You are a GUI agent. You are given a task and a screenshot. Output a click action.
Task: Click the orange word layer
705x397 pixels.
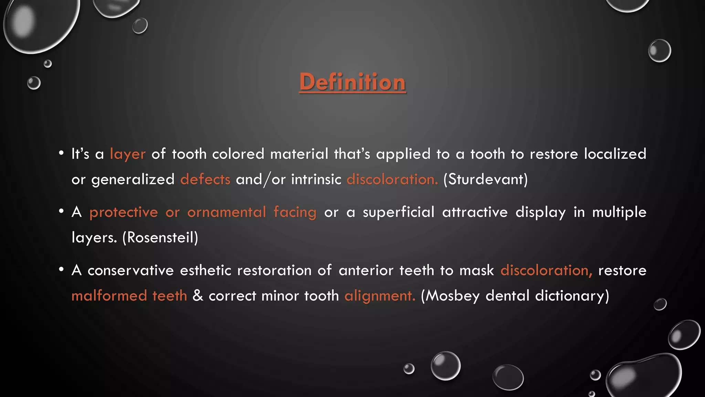[128, 154]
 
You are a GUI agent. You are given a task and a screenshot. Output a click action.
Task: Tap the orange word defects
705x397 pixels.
[205, 180]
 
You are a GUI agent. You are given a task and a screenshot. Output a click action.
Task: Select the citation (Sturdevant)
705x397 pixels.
[485, 180]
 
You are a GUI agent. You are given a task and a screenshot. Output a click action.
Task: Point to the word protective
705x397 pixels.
[124, 212]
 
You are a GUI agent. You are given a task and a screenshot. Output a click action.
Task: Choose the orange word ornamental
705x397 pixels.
[227, 212]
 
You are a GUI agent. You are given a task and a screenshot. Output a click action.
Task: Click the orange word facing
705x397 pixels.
[295, 212]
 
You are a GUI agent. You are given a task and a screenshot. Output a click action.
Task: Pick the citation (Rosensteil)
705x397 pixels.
[160, 237]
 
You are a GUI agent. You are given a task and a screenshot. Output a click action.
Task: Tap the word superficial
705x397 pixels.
[399, 212]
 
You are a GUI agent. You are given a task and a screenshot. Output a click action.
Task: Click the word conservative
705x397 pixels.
[130, 271]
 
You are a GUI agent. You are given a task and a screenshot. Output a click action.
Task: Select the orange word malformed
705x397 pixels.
[109, 296]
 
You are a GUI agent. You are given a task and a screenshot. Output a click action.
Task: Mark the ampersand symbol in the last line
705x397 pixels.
[198, 296]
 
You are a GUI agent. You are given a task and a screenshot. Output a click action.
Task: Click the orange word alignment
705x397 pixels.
[380, 296]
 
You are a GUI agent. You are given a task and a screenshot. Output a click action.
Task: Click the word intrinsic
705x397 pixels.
[316, 180]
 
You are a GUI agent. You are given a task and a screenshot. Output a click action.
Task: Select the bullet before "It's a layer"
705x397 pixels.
[61, 153]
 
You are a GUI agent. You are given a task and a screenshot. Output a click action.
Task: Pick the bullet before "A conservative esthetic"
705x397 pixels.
[61, 269]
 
